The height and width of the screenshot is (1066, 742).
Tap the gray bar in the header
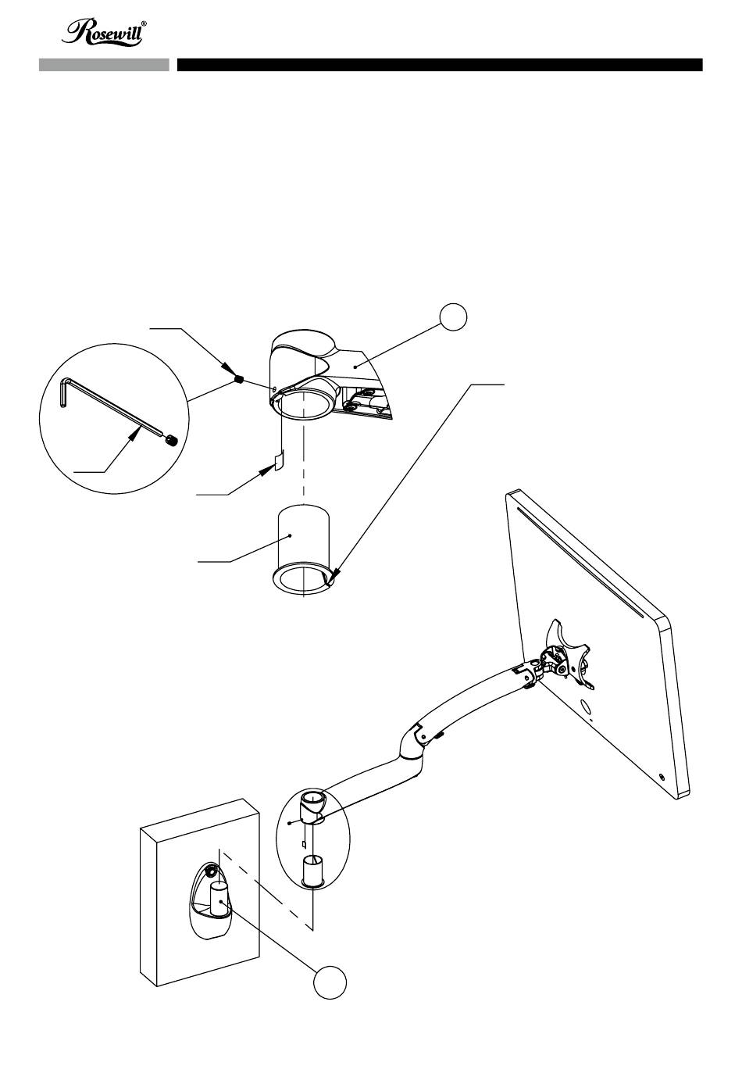104,65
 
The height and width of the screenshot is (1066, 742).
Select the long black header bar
440,65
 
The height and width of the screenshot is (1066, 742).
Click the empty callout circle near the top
452,317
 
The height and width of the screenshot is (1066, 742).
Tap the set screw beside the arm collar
239,379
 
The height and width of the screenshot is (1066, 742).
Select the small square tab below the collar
279,460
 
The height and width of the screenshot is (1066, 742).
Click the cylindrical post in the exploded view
303,549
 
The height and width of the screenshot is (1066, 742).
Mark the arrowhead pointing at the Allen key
134,432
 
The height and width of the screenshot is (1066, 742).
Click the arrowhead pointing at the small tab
266,471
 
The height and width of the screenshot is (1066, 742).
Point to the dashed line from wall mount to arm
269,890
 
